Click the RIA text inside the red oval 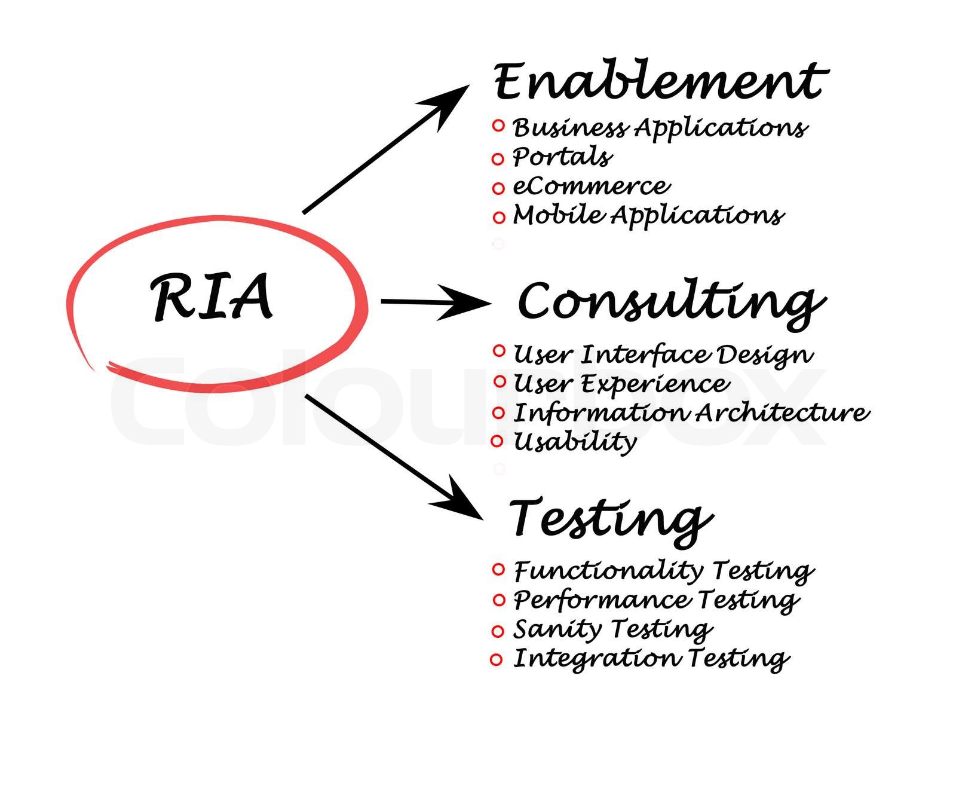pos(212,297)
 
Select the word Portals pos(562,157)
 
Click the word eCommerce pos(592,186)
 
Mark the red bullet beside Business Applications pos(498,126)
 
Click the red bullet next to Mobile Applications pos(499,218)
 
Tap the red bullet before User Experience pos(500,381)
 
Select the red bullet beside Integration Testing pos(496,660)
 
